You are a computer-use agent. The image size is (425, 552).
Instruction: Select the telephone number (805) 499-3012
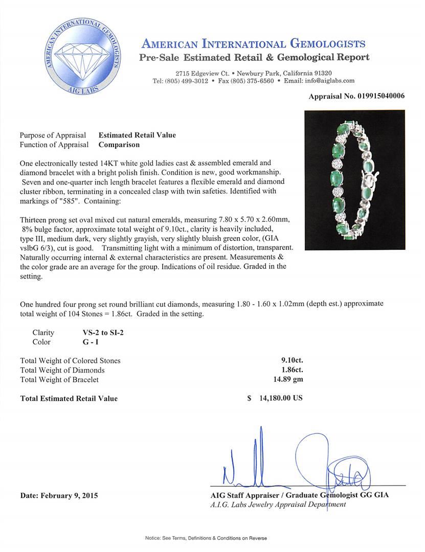pos(187,81)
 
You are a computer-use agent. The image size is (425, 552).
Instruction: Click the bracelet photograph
pos(354,180)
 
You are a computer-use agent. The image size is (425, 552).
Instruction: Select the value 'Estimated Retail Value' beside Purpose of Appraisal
pos(137,135)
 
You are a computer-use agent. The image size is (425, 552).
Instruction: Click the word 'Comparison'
pos(119,145)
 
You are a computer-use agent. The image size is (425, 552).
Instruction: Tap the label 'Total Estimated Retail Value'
pos(69,399)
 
